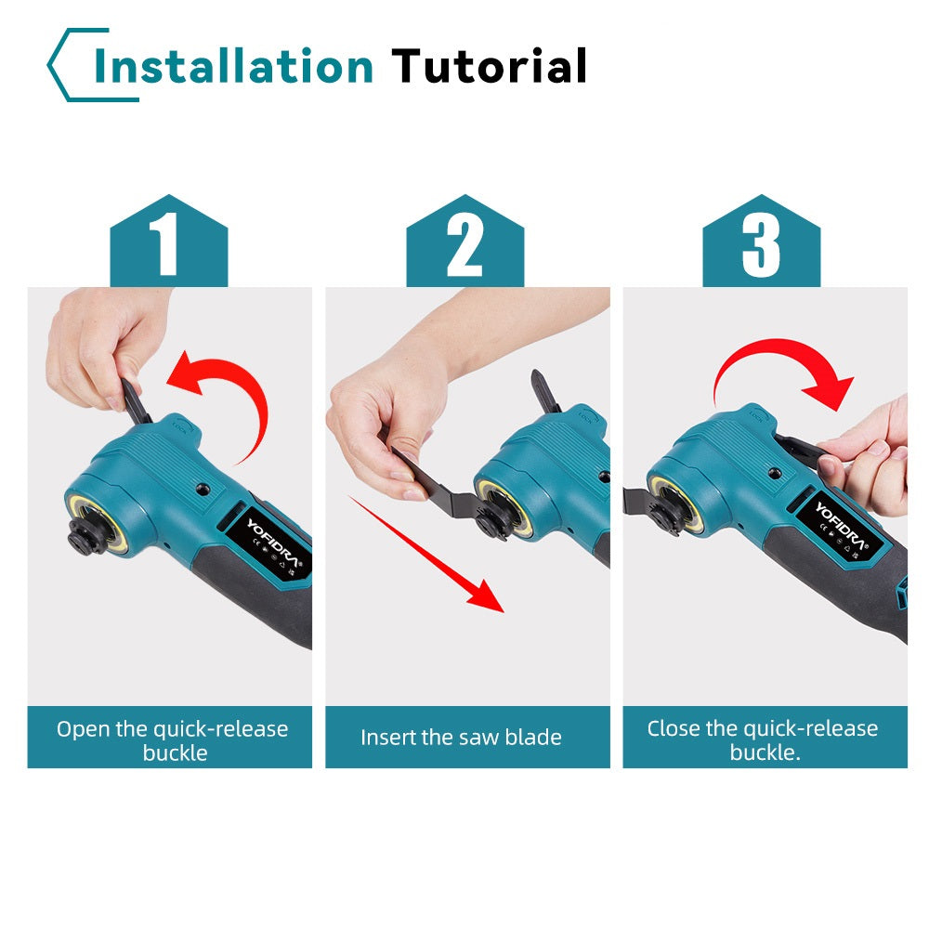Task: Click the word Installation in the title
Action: (233, 66)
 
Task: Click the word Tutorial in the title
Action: (490, 66)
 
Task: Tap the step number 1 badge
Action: (169, 241)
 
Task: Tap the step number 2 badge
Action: (465, 241)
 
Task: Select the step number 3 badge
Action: (762, 241)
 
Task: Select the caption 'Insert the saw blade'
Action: (461, 738)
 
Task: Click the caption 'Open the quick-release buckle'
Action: (173, 740)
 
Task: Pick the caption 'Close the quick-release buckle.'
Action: (763, 740)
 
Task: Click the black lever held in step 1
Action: (135, 401)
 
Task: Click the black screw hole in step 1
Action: (203, 490)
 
